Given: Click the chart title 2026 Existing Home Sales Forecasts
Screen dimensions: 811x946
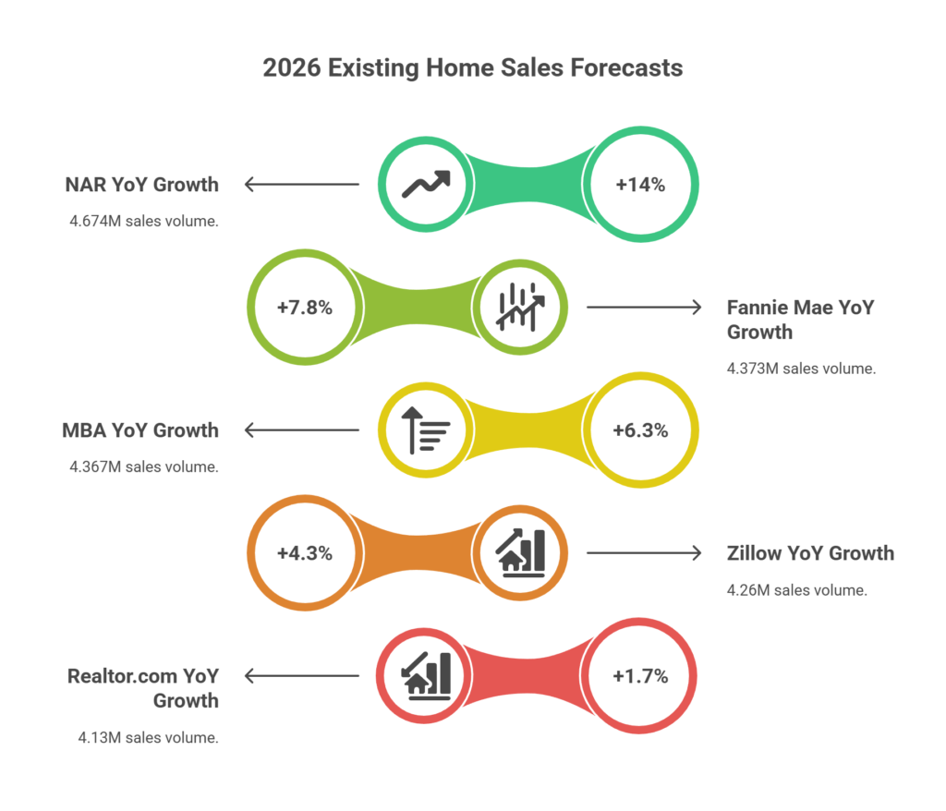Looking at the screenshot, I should click(x=473, y=68).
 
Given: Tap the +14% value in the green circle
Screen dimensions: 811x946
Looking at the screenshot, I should click(x=640, y=184).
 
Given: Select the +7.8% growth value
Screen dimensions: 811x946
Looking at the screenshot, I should click(x=304, y=308).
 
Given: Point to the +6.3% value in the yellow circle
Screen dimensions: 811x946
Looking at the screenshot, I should click(x=640, y=430).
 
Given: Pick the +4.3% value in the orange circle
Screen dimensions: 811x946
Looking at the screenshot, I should click(x=304, y=553).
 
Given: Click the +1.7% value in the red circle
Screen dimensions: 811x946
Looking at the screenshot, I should click(x=640, y=676).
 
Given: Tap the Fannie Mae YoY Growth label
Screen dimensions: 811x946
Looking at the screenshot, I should click(x=800, y=320).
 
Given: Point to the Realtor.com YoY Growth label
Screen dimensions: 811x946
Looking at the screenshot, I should click(x=143, y=688).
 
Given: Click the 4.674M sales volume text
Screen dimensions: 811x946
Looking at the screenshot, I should click(x=144, y=221).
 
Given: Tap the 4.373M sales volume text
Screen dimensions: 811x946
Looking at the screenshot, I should click(x=801, y=368).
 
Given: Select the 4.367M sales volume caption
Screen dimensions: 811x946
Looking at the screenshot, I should click(x=144, y=466).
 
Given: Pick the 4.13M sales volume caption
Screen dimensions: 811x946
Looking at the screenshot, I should click(x=148, y=737).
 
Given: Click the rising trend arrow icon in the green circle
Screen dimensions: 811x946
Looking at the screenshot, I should click(x=426, y=184).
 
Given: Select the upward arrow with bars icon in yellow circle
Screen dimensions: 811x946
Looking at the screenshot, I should click(x=426, y=430).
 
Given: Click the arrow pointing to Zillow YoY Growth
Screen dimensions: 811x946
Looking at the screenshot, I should click(x=644, y=553).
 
